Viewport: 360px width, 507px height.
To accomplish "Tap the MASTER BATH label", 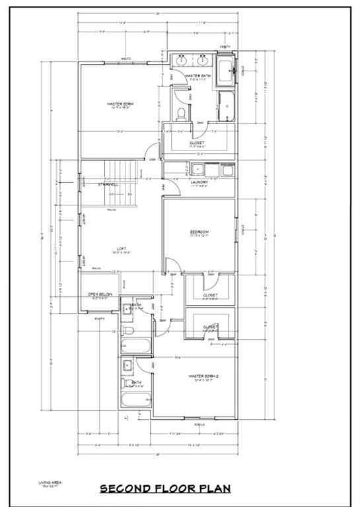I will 198,77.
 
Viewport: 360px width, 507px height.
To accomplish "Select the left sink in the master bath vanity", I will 182,60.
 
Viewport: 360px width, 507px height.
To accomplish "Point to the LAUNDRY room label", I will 199,182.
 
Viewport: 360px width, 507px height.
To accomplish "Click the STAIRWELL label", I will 108,185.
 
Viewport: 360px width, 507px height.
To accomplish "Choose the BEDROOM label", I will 199,232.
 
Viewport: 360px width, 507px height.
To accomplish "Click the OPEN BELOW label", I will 100,294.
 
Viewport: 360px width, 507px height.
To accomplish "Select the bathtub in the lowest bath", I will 137,399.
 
